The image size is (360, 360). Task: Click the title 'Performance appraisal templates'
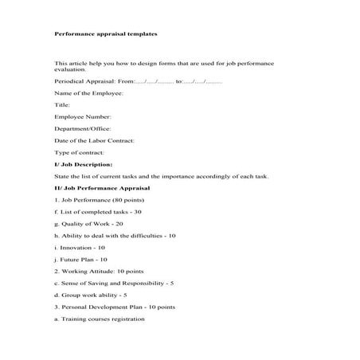pos(105,35)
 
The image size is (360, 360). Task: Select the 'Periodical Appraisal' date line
pos(138,81)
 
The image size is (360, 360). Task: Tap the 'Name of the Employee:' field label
pos(88,93)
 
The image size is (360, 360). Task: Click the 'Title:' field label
pos(62,104)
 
